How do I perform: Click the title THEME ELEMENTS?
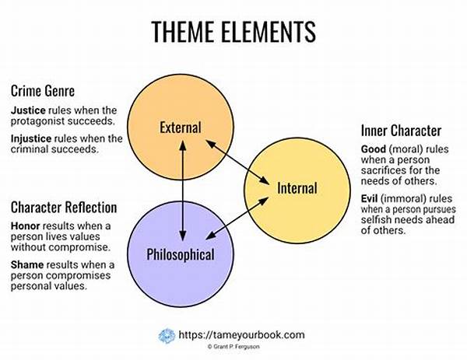pyautogui.click(x=233, y=32)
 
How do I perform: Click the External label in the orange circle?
pyautogui.click(x=181, y=128)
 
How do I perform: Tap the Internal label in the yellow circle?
pyautogui.click(x=297, y=188)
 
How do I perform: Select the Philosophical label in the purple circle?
pyautogui.click(x=181, y=255)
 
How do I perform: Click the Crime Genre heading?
pyautogui.click(x=43, y=91)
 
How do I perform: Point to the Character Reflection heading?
pyautogui.click(x=64, y=208)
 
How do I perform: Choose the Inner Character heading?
pyautogui.click(x=401, y=131)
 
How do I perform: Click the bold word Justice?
pyautogui.click(x=28, y=110)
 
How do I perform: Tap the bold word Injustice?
pyautogui.click(x=31, y=138)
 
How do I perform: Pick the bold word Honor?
pyautogui.click(x=26, y=225)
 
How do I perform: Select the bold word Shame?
pyautogui.click(x=27, y=264)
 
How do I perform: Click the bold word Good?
pyautogui.click(x=374, y=149)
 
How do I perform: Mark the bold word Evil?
pyautogui.click(x=369, y=198)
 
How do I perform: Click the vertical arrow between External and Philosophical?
pyautogui.click(x=183, y=190)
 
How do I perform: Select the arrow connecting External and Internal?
pyautogui.click(x=237, y=162)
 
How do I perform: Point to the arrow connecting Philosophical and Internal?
pyautogui.click(x=237, y=218)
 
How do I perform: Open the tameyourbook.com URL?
pyautogui.click(x=241, y=334)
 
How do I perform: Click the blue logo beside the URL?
pyautogui.click(x=167, y=336)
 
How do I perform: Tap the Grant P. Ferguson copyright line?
pyautogui.click(x=233, y=347)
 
